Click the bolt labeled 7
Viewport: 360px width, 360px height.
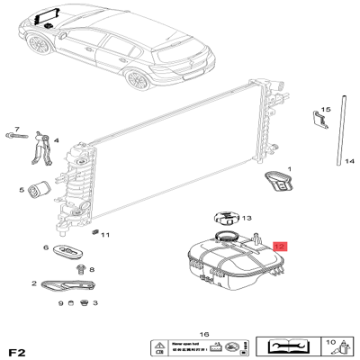(16, 135)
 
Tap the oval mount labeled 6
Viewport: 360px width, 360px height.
(67, 248)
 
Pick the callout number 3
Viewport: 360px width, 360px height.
(94, 303)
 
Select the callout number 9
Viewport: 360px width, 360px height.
(61, 303)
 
